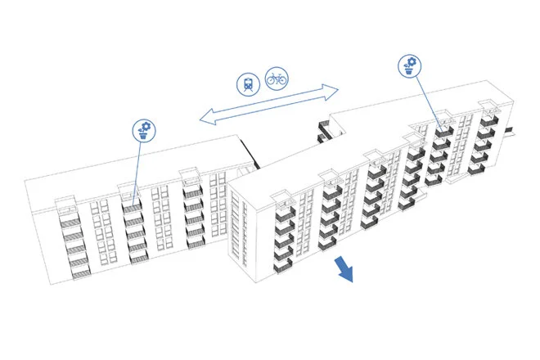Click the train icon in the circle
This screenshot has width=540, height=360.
tap(246, 82)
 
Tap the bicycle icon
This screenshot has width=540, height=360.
tap(276, 79)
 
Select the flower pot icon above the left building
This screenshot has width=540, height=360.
tap(145, 129)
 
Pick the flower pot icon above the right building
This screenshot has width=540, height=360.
tap(410, 65)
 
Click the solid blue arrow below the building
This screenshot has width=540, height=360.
tap(344, 269)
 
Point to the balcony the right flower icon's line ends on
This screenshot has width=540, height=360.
tap(444, 130)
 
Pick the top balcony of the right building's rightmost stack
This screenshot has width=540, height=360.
tap(488, 120)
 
